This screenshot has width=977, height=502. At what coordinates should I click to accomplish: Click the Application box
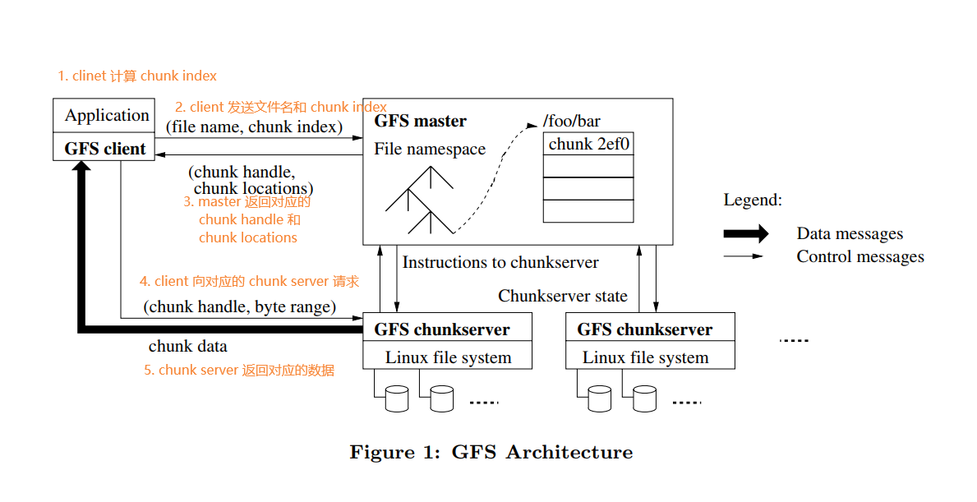[104, 116]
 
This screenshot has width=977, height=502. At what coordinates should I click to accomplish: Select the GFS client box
[104, 149]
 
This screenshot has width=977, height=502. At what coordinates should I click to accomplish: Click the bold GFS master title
[420, 122]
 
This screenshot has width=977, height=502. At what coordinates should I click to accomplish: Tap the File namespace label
[430, 150]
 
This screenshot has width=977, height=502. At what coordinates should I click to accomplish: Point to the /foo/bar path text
[572, 122]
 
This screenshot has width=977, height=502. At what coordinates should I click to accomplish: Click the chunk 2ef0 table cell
[588, 145]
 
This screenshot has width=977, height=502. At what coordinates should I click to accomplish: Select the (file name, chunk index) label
[254, 127]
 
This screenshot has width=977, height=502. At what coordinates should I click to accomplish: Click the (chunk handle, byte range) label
[240, 307]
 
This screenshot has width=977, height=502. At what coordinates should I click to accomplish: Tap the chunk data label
[188, 347]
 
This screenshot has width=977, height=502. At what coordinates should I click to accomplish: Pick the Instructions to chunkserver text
[500, 263]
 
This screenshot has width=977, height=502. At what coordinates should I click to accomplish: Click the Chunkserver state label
[563, 296]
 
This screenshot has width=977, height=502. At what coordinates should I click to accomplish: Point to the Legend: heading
[753, 200]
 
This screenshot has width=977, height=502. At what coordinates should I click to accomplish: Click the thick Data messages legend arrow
[745, 234]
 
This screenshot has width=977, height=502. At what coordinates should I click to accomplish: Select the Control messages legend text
[859, 257]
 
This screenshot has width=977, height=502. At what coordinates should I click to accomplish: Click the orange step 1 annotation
[137, 76]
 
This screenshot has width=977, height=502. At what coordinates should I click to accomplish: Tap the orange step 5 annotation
[239, 371]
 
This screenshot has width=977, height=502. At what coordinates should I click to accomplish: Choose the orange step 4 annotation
[249, 282]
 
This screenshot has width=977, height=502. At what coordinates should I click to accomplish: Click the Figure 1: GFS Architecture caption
[491, 453]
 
